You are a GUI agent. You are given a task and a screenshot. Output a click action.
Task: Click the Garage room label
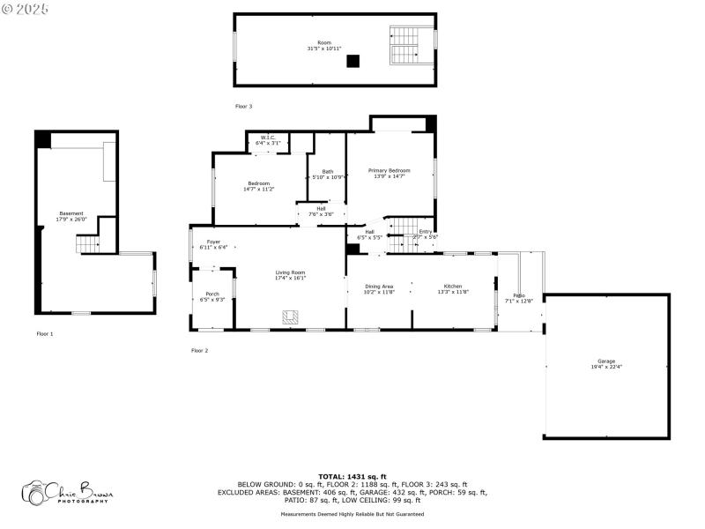click(x=606, y=363)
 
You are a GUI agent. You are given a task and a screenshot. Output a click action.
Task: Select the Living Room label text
click(x=291, y=275)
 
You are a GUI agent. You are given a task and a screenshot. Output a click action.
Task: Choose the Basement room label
click(x=71, y=215)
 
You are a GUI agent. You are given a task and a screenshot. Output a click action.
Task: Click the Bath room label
click(x=328, y=174)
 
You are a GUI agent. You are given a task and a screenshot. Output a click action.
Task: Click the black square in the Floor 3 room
click(x=352, y=61)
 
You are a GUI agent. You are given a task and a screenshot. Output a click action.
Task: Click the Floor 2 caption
click(x=200, y=350)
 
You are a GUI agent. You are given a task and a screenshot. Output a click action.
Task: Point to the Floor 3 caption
click(x=243, y=106)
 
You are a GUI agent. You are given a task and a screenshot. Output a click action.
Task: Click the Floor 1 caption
click(x=45, y=333)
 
